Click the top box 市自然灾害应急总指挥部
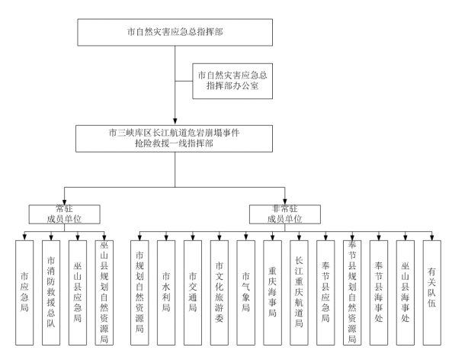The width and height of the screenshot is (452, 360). pyautogui.click(x=175, y=32)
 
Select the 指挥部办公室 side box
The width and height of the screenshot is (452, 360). pyautogui.click(x=232, y=81)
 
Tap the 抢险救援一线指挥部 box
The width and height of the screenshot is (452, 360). pyautogui.click(x=174, y=139)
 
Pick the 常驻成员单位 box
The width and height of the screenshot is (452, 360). pyautogui.click(x=64, y=214)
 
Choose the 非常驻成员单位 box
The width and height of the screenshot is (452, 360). pyautogui.click(x=285, y=214)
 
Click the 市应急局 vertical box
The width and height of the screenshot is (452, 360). pyautogui.click(x=24, y=293)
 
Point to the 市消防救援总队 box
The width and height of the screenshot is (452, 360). pyautogui.click(x=51, y=293)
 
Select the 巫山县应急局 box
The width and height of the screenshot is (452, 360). pyautogui.click(x=78, y=293)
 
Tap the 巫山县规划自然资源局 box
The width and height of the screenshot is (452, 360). pyautogui.click(x=104, y=293)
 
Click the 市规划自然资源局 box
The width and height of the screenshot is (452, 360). pyautogui.click(x=139, y=293)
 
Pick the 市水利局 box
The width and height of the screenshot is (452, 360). pyautogui.click(x=166, y=293)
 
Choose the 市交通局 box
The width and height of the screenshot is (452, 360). pyautogui.click(x=193, y=293)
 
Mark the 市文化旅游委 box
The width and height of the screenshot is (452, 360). pyautogui.click(x=220, y=293)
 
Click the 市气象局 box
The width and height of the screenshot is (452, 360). pyautogui.click(x=246, y=293)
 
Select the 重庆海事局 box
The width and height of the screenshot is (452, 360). pyautogui.click(x=272, y=293)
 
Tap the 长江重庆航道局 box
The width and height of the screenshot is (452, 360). pyautogui.click(x=299, y=293)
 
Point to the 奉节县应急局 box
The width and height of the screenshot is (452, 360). pyautogui.click(x=325, y=293)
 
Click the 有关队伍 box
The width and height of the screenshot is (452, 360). pyautogui.click(x=432, y=293)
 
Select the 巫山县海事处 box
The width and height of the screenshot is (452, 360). pyautogui.click(x=406, y=293)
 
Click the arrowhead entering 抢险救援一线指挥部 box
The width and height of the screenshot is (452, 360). pyautogui.click(x=175, y=121)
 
